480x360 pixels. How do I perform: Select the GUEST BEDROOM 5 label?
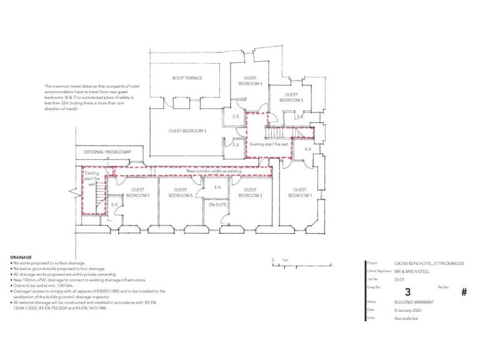pos(291,97)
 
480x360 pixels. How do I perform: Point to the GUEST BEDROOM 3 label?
pos(187,131)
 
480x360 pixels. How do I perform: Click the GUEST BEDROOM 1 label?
pos(300,192)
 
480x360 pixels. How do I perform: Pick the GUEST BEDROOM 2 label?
pos(250,192)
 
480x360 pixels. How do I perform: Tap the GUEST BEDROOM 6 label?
pos(181,192)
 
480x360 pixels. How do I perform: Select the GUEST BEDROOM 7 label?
pos(137,192)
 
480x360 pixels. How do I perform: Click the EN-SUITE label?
pos(217,204)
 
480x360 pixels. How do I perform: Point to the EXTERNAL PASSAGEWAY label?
pos(107,152)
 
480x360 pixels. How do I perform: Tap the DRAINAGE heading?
pos(21,257)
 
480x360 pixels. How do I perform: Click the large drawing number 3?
pos(408,292)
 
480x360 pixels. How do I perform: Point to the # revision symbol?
pos(464,292)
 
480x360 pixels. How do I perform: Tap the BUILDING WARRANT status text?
pos(414,302)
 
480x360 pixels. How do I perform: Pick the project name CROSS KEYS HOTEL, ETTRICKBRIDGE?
pos(429,263)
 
